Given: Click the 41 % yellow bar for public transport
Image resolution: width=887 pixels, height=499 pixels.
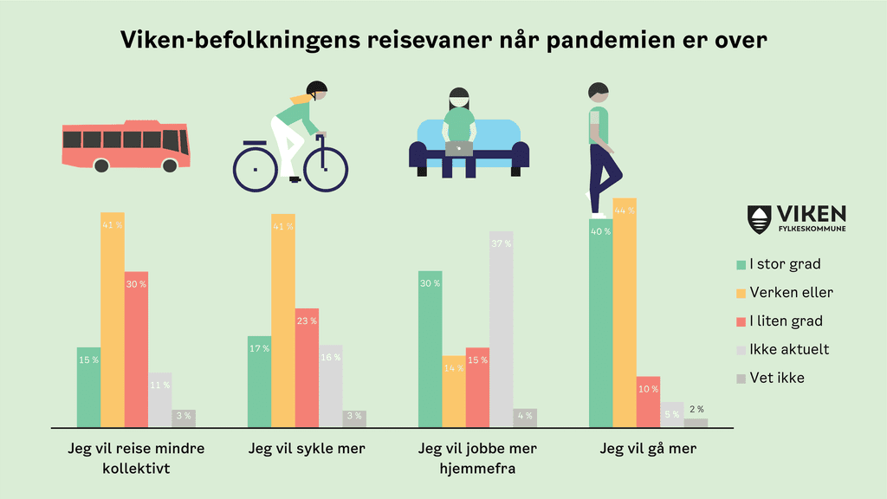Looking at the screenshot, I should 113,320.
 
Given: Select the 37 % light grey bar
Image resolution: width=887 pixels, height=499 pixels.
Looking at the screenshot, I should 501,329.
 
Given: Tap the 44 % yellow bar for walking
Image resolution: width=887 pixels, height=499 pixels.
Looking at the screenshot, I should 625,313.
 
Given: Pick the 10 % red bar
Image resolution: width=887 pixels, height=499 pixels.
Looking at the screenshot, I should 648,402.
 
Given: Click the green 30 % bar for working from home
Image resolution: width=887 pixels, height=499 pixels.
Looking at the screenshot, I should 430,349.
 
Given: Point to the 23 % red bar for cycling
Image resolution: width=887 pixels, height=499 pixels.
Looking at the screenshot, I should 307,367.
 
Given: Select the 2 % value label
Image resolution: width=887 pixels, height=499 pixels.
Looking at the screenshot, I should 696,409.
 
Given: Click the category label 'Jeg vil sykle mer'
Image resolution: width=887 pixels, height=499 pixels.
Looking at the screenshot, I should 307,449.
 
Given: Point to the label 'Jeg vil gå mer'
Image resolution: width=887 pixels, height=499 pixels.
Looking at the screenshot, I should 648,449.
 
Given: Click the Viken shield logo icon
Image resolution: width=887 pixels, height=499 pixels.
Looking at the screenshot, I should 759,219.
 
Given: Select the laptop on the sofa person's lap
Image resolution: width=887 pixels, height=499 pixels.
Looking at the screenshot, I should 459,148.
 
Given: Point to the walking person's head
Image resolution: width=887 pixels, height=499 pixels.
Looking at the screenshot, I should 599,93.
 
